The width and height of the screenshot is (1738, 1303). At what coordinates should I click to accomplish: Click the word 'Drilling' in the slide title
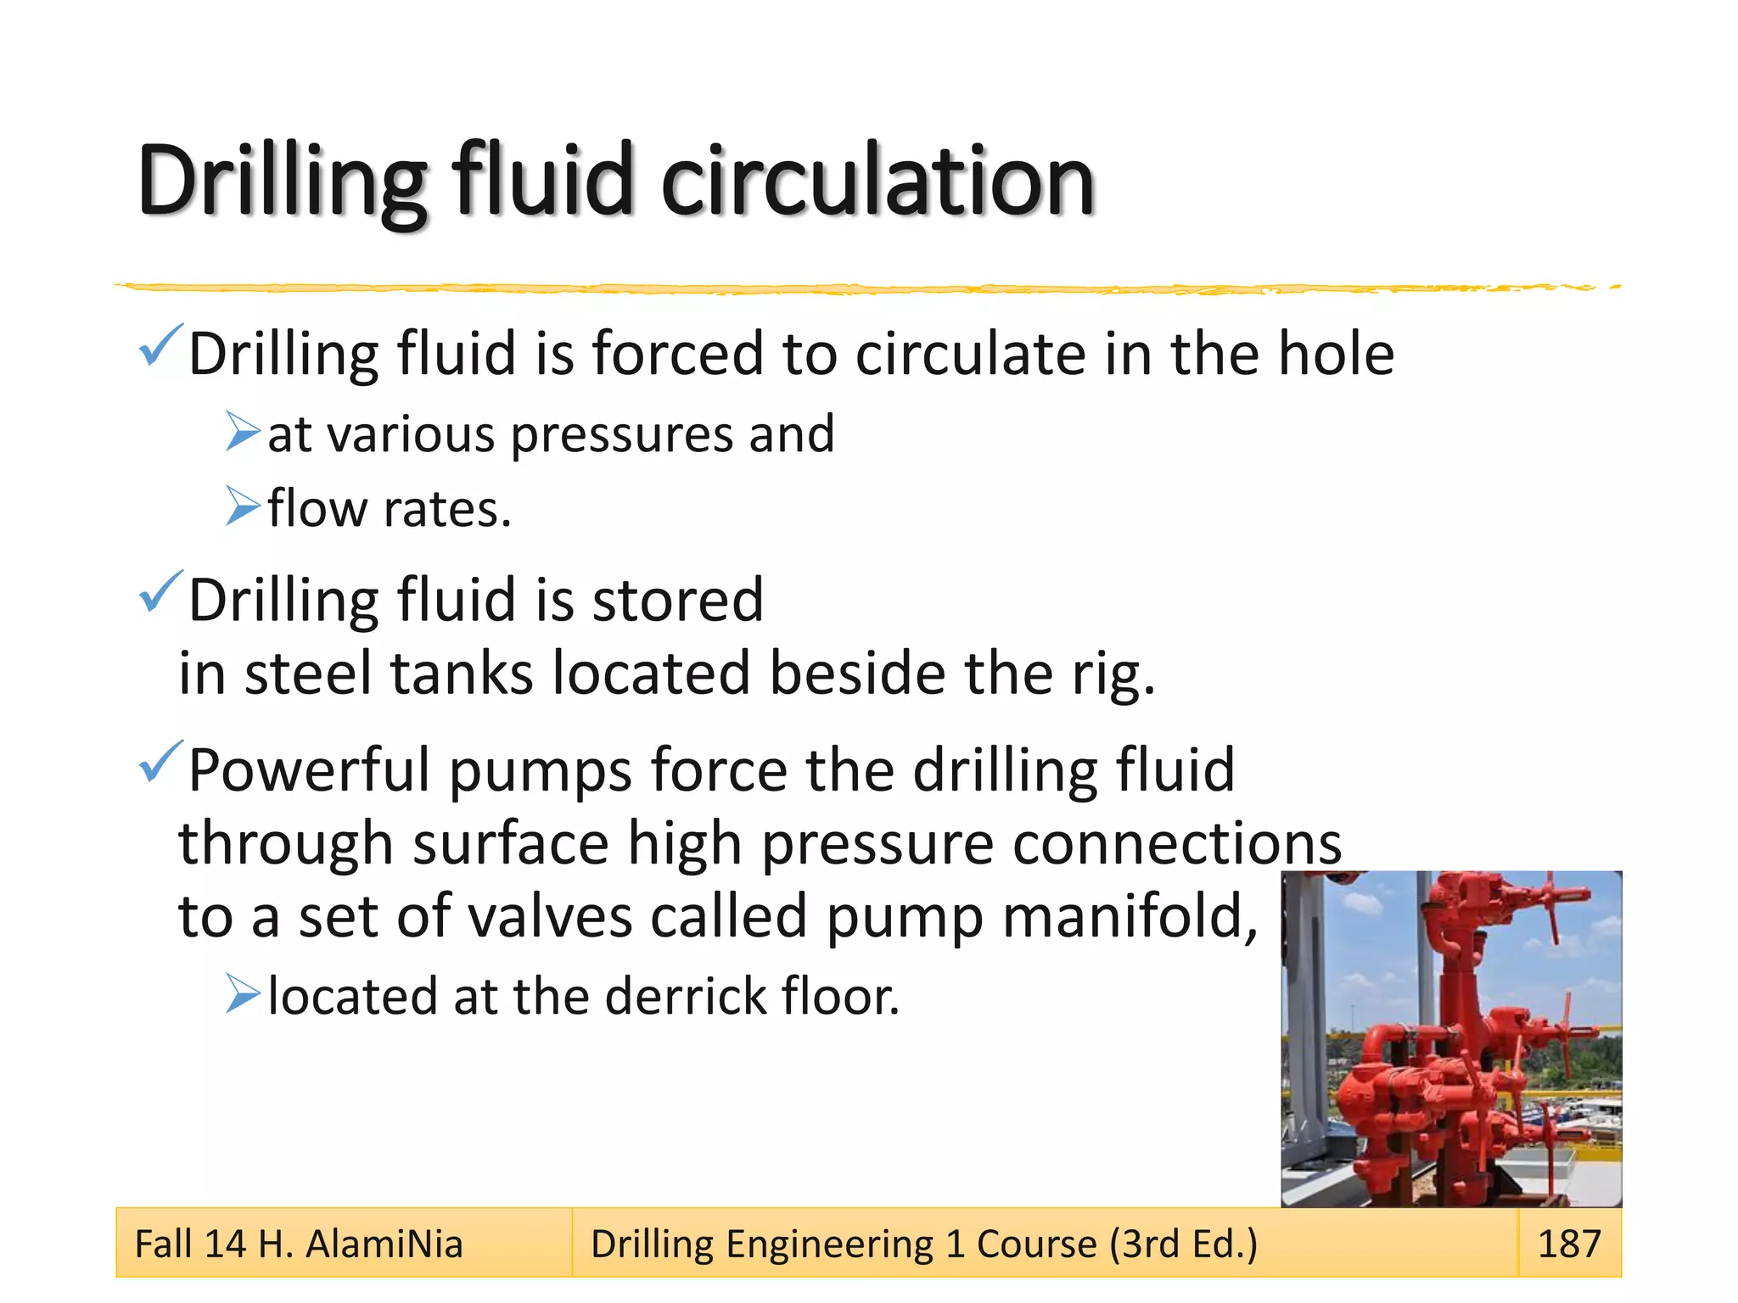282,181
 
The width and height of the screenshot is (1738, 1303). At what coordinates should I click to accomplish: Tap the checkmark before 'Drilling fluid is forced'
160,345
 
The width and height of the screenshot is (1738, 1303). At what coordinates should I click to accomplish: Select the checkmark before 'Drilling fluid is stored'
160,591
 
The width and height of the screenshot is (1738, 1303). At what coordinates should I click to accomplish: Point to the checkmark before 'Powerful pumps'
160,761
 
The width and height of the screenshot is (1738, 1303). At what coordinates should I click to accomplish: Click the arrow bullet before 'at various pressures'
243,432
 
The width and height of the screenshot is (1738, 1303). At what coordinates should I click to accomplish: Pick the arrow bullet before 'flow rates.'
243,506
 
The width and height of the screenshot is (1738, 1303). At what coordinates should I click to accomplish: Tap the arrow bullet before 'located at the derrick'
243,994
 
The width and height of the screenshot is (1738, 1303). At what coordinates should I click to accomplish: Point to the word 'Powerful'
309,770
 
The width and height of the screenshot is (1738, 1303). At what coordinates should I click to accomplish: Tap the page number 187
1569,1244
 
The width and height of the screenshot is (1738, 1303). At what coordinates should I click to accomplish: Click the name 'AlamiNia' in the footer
384,1244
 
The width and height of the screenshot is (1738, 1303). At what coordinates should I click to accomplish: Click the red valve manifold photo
1451,1038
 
